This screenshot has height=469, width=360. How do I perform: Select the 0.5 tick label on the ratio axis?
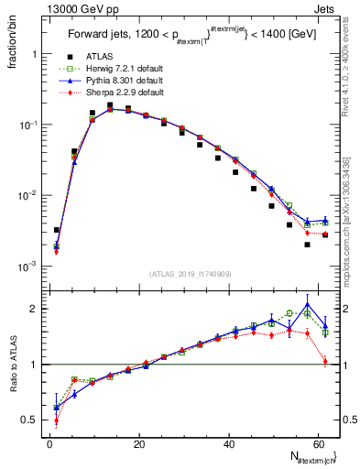click(x=30, y=420)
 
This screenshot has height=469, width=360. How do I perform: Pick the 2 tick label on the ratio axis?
click(x=35, y=309)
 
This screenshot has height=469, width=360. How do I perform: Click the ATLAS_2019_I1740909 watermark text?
click(x=190, y=274)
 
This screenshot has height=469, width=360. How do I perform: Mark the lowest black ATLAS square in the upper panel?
click(x=307, y=245)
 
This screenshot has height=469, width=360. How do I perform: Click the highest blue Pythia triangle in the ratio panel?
click(x=307, y=305)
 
